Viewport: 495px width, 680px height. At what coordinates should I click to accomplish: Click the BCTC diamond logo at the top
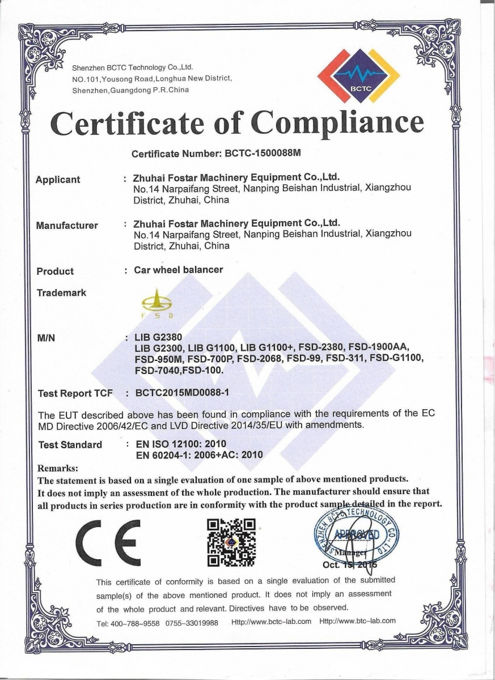(358, 77)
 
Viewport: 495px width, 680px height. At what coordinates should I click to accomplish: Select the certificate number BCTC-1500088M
(266, 154)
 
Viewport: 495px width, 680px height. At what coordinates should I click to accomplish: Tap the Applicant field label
(58, 180)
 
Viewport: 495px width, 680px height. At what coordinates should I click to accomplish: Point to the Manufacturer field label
(67, 226)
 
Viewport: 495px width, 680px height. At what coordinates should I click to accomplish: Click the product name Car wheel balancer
(179, 270)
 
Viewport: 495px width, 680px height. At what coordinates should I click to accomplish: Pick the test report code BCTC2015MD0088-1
(181, 392)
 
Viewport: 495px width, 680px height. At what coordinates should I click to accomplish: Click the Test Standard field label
(70, 445)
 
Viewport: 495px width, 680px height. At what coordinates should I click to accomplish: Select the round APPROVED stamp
(356, 537)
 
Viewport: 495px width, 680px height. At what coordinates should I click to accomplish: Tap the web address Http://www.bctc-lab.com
(272, 621)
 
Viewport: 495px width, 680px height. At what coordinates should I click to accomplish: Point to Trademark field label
(61, 293)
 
